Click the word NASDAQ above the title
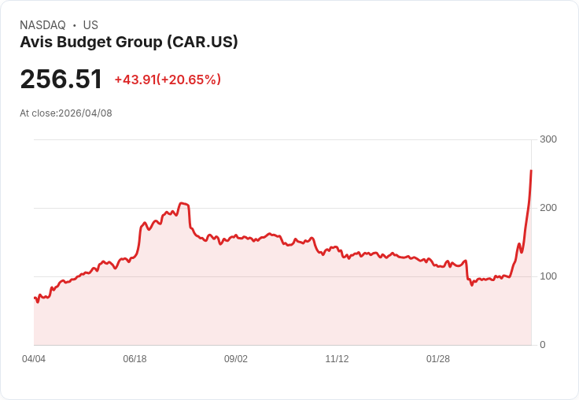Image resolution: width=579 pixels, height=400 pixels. [x=42, y=25]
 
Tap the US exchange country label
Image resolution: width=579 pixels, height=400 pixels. [x=90, y=25]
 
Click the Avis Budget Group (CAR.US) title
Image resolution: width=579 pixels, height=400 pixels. [x=129, y=42]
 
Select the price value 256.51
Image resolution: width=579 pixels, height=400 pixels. [x=61, y=80]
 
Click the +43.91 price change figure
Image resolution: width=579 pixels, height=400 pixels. [x=135, y=80]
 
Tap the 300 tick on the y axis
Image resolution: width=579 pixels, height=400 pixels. [x=548, y=139]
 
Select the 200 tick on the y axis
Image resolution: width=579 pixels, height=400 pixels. [x=548, y=208]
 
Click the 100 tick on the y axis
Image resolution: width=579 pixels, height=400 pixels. [x=548, y=276]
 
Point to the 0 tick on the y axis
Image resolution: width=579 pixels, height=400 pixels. [x=543, y=345]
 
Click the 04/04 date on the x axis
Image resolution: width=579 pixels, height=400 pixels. [x=34, y=359]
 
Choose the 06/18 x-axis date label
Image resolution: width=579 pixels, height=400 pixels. [x=135, y=359]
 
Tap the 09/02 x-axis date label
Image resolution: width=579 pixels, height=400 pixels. [x=236, y=359]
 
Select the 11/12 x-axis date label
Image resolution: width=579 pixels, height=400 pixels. [x=337, y=359]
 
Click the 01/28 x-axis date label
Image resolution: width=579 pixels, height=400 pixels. [x=438, y=359]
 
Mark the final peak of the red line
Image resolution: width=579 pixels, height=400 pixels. [x=531, y=170]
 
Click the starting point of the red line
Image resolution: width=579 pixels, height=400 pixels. [x=35, y=298]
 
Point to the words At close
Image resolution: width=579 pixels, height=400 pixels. [x=38, y=113]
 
